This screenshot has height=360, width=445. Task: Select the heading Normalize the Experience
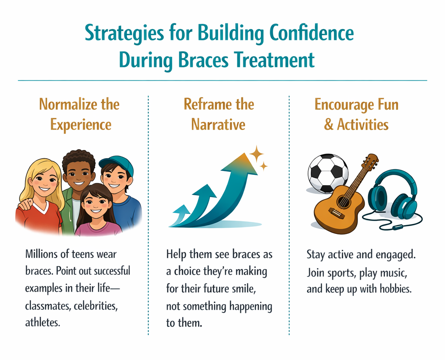[79, 114]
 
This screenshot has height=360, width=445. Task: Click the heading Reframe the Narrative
[218, 114]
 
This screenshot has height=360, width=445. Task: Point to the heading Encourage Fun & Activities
[356, 114]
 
